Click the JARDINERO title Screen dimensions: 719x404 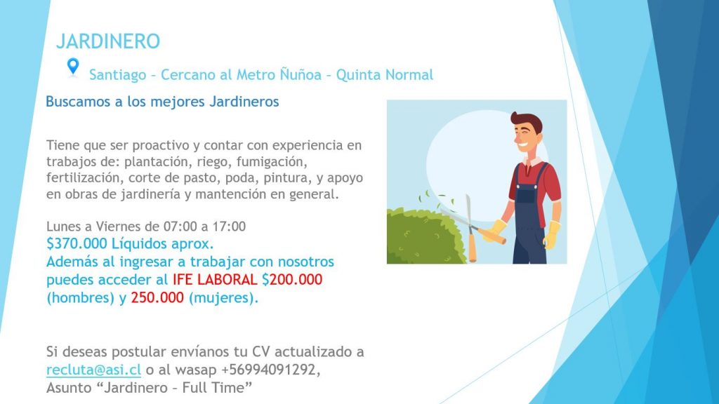[108, 41]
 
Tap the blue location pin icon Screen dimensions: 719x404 [73, 67]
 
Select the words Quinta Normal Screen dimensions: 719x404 [385, 74]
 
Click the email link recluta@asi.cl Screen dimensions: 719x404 [93, 369]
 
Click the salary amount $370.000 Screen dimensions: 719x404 [77, 243]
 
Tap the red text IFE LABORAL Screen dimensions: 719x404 [215, 279]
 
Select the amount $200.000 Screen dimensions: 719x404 [292, 279]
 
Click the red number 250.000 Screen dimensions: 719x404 [157, 297]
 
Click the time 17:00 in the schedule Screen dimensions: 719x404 [230, 227]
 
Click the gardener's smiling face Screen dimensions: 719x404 [527, 137]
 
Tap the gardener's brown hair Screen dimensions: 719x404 [527, 121]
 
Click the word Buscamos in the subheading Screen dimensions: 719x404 [79, 101]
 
